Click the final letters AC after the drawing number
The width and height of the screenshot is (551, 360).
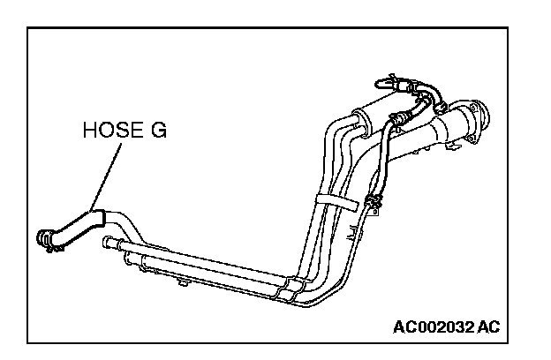pyautogui.click(x=488, y=327)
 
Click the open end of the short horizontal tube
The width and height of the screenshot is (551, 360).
pyautogui.click(x=106, y=242)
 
